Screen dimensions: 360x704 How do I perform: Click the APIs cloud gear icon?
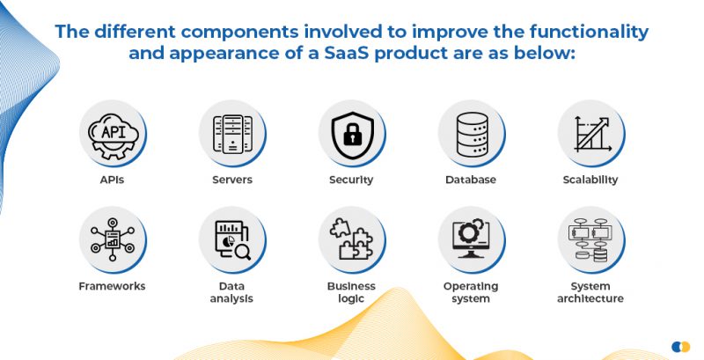tap(113, 133)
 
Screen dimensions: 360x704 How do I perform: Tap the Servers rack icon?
tap(232, 133)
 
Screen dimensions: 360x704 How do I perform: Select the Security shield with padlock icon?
tap(351, 133)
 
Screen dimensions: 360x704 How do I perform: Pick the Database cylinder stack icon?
tap(471, 133)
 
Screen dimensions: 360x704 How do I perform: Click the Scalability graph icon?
tap(590, 133)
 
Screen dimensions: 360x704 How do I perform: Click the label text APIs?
tap(112, 180)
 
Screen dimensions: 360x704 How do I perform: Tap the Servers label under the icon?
tap(232, 180)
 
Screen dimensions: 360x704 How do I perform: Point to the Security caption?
tap(351, 180)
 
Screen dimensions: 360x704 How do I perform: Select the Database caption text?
tap(471, 180)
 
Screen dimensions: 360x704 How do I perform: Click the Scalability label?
tap(590, 180)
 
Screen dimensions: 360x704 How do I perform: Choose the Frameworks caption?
tap(112, 286)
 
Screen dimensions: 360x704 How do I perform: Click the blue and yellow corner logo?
tap(680, 346)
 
